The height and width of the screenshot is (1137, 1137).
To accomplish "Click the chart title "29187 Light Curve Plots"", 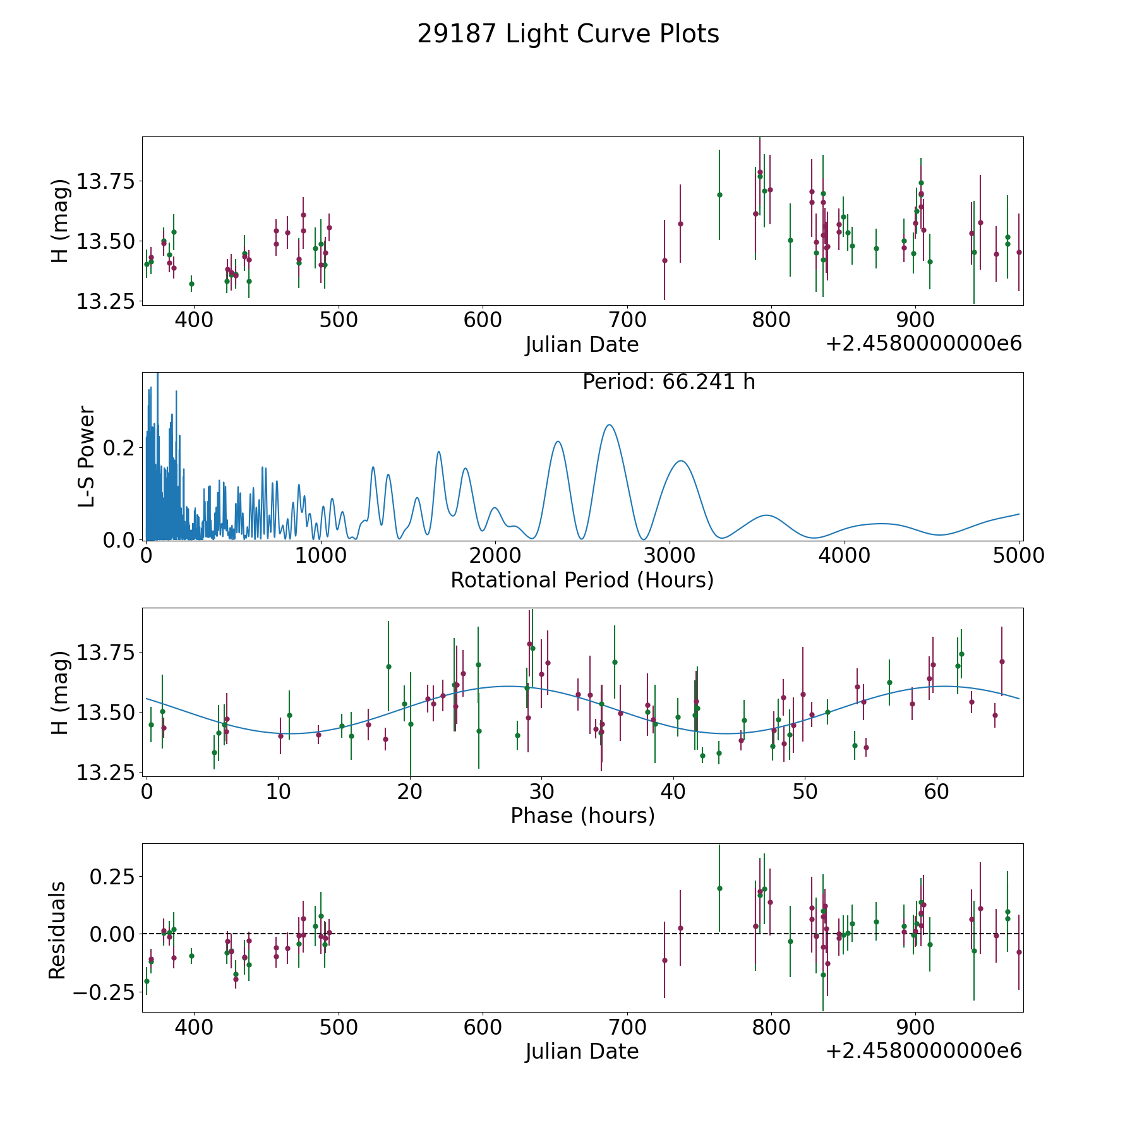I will click(x=568, y=34).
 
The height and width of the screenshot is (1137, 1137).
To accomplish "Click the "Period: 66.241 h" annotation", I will click(x=668, y=382).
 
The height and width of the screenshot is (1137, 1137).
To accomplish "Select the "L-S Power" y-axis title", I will click(x=87, y=456).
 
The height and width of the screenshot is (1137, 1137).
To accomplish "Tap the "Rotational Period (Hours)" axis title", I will click(x=582, y=580).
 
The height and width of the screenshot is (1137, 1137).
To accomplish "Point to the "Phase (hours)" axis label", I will click(x=582, y=815).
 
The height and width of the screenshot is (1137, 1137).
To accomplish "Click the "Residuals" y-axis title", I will click(x=57, y=930).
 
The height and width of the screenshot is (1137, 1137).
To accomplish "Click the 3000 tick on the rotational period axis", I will click(x=670, y=556).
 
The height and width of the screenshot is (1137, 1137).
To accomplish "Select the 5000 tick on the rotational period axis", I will click(x=1018, y=556).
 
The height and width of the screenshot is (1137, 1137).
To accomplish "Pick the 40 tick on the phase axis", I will click(x=673, y=791).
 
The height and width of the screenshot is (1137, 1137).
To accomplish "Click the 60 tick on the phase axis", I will click(x=937, y=791).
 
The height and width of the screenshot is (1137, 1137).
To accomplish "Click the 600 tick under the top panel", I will click(x=483, y=320).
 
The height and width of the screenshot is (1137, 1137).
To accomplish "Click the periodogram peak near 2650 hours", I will click(x=610, y=425).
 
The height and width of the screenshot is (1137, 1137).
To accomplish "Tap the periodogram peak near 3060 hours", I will click(x=680, y=461).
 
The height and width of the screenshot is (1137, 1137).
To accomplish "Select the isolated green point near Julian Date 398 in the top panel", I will click(x=191, y=284).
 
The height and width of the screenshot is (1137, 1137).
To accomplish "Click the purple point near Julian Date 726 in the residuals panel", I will click(x=665, y=960).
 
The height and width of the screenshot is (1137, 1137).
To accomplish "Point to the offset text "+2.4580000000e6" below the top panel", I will click(x=923, y=344).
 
